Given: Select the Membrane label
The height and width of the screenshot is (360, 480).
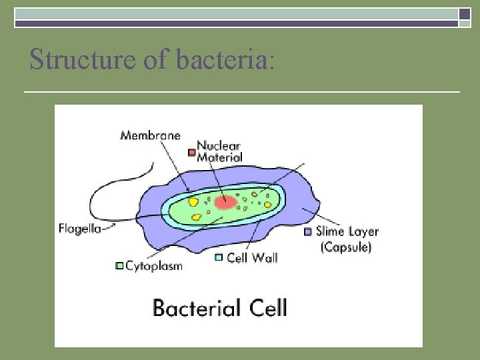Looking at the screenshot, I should (x=150, y=135).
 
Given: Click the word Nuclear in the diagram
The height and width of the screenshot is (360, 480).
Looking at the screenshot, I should (x=219, y=147).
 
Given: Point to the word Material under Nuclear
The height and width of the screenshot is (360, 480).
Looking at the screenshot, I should (x=219, y=158).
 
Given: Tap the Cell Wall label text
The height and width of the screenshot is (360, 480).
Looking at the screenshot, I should (x=252, y=257).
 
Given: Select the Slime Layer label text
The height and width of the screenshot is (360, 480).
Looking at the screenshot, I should (x=347, y=232).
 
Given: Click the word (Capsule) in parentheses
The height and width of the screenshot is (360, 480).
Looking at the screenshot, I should (x=345, y=247).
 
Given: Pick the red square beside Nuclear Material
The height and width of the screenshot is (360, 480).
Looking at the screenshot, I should (x=191, y=152).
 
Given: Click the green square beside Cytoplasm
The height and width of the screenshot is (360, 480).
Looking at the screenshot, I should (x=119, y=265).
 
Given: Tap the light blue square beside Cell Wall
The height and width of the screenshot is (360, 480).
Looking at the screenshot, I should (x=218, y=257).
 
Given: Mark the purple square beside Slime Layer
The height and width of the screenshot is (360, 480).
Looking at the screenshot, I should (x=307, y=232).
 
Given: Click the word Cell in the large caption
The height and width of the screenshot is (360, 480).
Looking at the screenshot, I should (x=267, y=308).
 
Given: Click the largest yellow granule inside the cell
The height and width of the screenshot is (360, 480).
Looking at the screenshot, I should (x=193, y=201).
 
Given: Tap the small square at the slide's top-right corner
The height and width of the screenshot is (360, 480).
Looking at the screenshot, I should (x=465, y=13).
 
